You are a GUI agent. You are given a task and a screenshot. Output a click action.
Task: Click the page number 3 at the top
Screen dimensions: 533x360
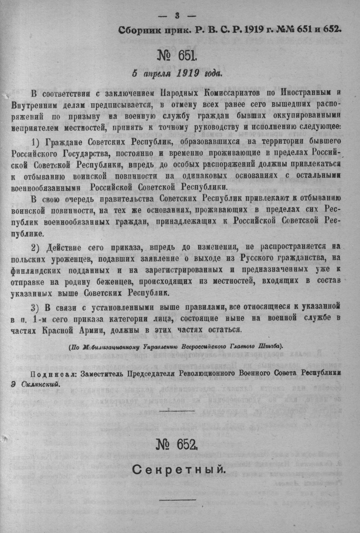coord(177,16)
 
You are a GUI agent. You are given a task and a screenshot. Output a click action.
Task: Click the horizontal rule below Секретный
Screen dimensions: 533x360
coord(178,499)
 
